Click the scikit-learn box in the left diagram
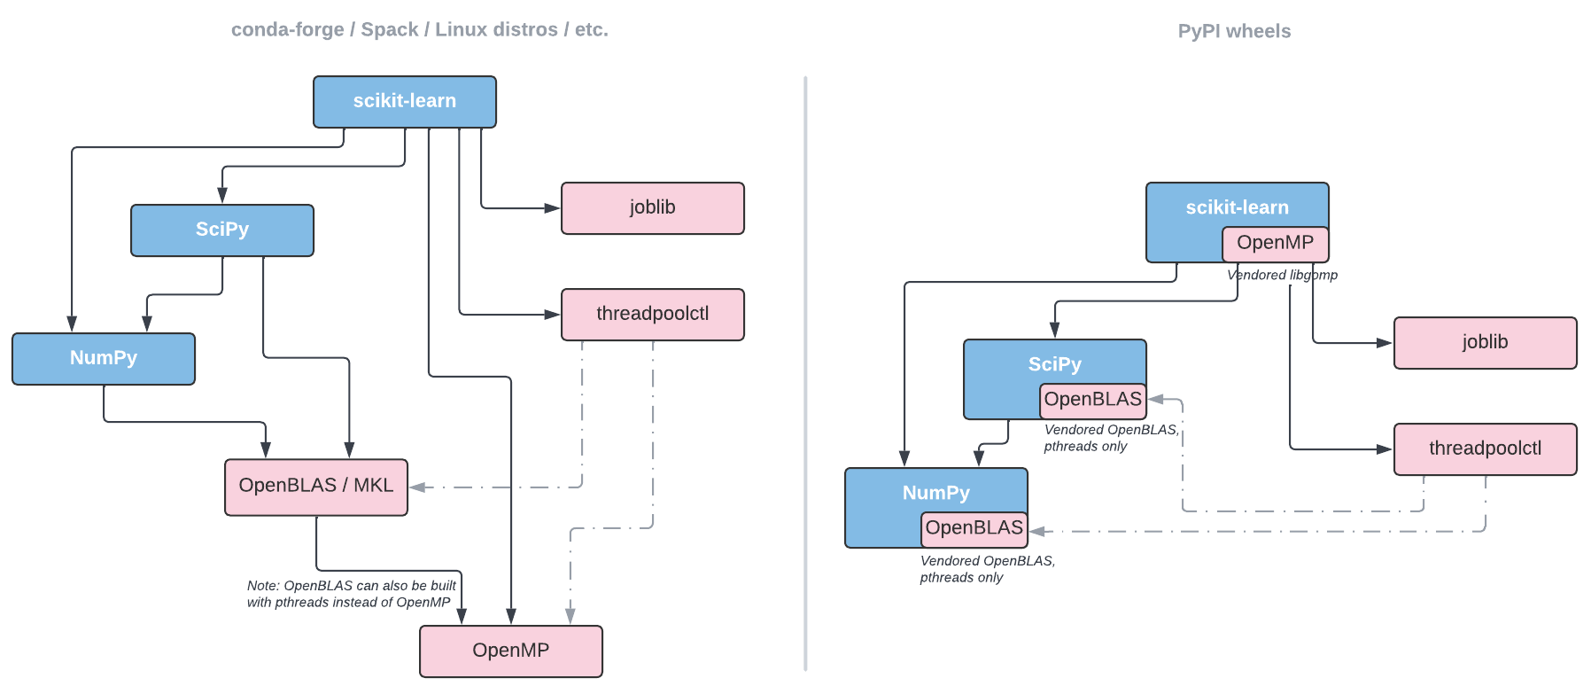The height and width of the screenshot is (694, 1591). (404, 101)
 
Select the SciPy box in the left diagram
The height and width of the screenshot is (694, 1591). (221, 230)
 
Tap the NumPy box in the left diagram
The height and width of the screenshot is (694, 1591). (103, 358)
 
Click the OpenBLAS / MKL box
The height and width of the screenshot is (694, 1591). (315, 486)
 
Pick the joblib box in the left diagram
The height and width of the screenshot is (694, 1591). (652, 208)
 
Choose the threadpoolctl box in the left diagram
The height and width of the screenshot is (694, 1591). (652, 314)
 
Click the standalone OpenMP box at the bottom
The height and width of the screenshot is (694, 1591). (510, 651)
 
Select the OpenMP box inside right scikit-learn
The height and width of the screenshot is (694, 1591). (1275, 244)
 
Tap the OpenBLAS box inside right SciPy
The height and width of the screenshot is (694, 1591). (1092, 400)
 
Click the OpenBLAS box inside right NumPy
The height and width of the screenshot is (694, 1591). (974, 528)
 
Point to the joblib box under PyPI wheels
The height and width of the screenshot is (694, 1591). (1485, 342)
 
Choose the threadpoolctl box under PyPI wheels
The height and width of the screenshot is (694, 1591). (1485, 448)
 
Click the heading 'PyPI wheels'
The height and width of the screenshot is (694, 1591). (1234, 32)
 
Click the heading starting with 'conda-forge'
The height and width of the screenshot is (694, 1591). (419, 30)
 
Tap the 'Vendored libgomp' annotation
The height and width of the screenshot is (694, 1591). (1282, 276)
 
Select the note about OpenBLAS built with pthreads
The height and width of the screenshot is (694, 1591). (351, 594)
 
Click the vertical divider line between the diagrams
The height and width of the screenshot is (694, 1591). (805, 372)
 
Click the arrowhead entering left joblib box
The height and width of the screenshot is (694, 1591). (553, 208)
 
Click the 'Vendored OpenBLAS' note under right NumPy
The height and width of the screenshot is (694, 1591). (986, 569)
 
